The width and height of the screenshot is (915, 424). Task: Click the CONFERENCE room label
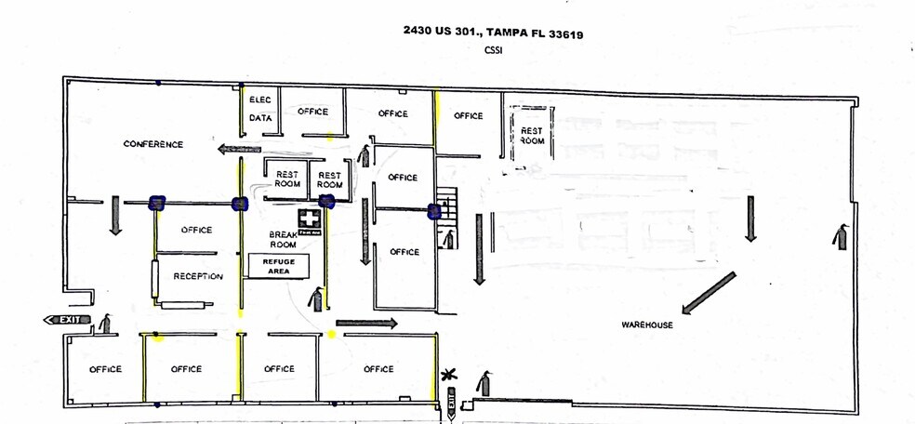153,144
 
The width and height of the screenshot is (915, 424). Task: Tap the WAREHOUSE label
647,325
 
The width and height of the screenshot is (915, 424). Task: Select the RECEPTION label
198,276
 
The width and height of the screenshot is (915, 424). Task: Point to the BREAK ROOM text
283,239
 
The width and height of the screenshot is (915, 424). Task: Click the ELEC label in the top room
259,99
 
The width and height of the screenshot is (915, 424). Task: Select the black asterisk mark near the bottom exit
451,374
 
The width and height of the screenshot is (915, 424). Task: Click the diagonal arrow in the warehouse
709,293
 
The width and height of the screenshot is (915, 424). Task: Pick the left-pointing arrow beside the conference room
237,148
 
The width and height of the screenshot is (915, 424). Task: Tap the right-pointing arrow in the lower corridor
366,324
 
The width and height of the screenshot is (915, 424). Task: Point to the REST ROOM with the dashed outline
531,136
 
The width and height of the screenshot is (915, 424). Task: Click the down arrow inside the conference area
115,213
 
